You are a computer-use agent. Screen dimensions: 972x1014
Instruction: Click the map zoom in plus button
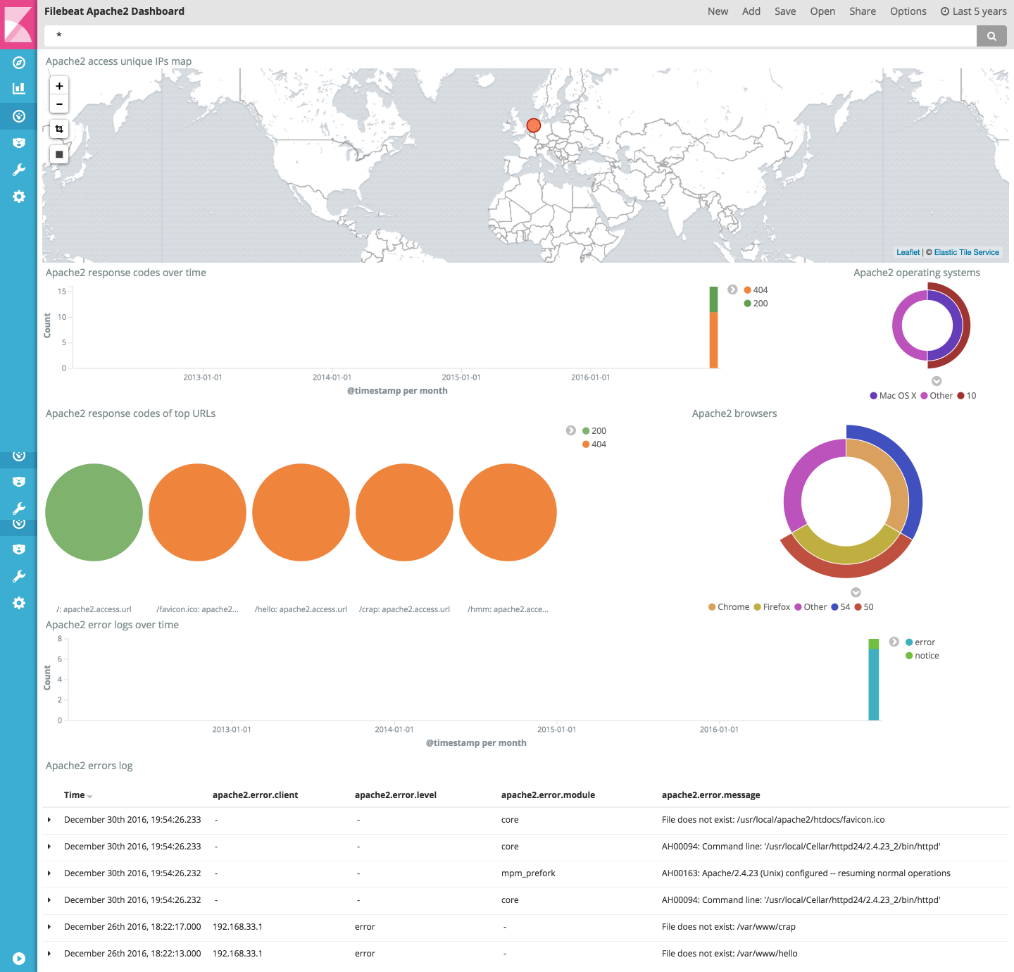click(59, 86)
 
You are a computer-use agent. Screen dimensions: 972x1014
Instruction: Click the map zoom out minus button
click(59, 104)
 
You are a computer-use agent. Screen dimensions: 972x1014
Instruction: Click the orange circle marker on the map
click(534, 125)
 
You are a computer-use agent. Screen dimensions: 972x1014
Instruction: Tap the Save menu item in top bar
click(785, 11)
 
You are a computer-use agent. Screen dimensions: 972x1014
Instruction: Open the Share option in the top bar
click(863, 11)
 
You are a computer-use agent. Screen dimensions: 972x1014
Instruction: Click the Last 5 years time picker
click(974, 11)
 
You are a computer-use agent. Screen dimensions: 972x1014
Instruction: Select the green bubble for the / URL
click(94, 512)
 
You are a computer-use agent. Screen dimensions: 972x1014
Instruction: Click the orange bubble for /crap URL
click(404, 512)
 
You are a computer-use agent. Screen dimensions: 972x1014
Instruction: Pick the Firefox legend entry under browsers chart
click(776, 607)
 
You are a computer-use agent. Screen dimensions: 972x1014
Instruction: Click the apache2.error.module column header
click(548, 795)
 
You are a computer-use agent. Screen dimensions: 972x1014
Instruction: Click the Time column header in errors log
click(75, 795)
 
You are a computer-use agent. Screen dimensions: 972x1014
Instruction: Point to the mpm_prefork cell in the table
click(528, 873)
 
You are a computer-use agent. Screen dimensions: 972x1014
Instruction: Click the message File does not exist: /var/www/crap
click(728, 927)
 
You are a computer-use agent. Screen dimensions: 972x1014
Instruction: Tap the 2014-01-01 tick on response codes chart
click(332, 378)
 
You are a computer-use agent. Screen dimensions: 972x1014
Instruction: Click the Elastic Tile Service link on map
click(966, 252)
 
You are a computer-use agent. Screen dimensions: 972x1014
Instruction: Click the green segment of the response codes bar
click(713, 299)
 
